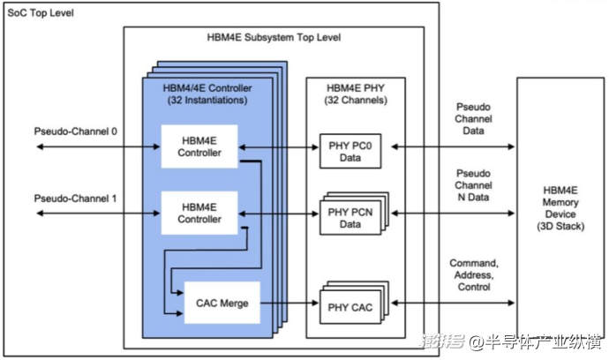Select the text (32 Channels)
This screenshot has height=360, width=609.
pos(359,99)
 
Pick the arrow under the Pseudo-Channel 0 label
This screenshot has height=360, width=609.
pos(88,147)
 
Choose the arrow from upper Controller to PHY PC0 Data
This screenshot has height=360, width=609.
pos(277,147)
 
